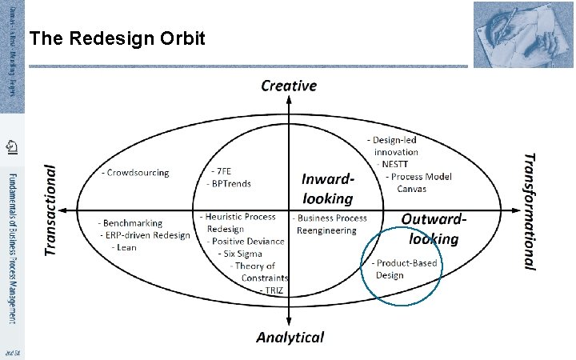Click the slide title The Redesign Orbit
[117, 39]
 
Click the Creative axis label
[289, 86]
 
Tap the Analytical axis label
[290, 337]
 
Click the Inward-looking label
[327, 188]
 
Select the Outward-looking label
[434, 228]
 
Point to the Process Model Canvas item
[418, 182]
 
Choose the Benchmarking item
[130, 223]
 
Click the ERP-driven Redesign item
[145, 235]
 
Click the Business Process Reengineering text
[330, 223]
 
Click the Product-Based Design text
[410, 269]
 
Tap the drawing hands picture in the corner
[524, 34]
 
